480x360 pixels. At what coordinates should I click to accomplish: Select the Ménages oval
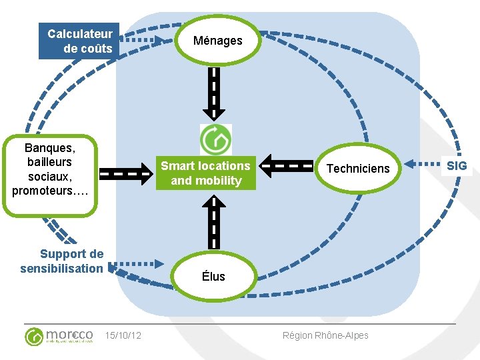[x=217, y=41]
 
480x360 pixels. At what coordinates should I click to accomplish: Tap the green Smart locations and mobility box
[x=205, y=173]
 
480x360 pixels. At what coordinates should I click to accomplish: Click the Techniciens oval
[x=357, y=168]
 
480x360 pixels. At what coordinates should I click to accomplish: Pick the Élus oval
[x=213, y=276]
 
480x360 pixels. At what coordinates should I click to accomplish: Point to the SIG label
[x=457, y=165]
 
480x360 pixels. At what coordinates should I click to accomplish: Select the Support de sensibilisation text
[x=63, y=261]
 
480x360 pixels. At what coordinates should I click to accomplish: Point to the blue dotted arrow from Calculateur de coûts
[x=143, y=40]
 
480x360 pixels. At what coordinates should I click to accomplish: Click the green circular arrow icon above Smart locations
[x=216, y=139]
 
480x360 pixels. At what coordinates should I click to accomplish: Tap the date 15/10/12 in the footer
[x=123, y=335]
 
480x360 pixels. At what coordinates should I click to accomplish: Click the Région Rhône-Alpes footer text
[x=325, y=335]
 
